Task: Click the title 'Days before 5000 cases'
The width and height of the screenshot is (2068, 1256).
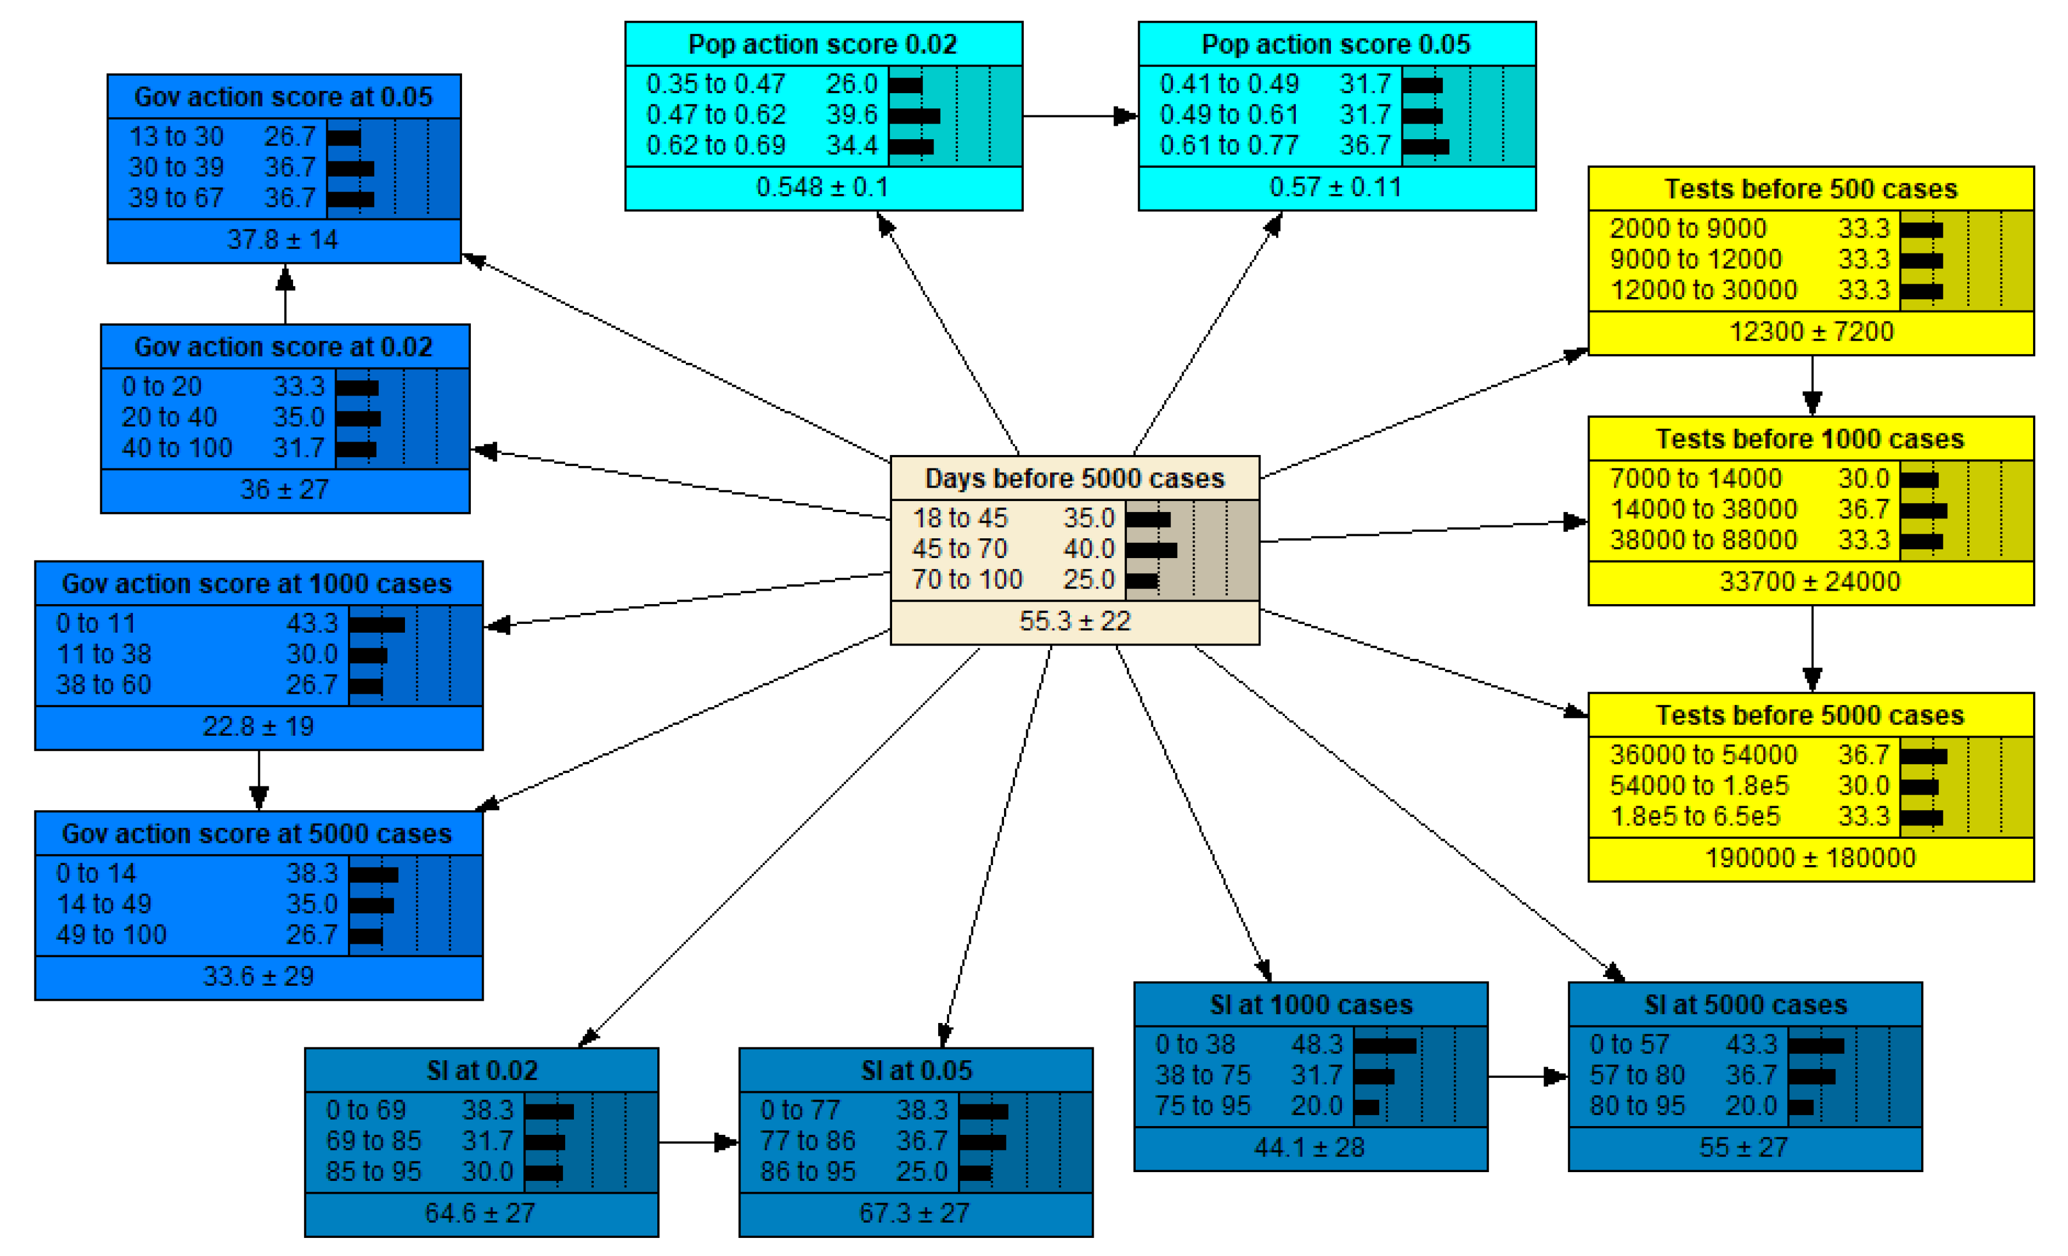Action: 1074,478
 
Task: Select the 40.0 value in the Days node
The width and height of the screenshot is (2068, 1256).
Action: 1088,549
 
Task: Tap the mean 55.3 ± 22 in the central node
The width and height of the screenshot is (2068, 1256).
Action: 1074,621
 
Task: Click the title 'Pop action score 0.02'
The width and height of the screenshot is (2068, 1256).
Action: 823,44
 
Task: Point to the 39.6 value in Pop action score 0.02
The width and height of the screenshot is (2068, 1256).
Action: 851,114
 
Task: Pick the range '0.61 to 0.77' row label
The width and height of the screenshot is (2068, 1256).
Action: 1229,145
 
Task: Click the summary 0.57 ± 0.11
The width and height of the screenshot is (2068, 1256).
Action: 1336,187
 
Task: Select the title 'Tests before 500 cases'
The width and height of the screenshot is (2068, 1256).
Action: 1810,189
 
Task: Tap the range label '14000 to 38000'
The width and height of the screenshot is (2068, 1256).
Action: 1703,509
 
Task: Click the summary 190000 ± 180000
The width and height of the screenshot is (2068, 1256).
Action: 1810,858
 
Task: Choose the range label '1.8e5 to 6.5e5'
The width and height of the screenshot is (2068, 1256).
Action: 1694,816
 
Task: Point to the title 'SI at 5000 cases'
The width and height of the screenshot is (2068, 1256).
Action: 1745,1004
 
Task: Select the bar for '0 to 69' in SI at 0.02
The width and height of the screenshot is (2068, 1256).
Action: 549,1112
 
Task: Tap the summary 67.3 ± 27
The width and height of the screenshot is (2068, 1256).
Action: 914,1213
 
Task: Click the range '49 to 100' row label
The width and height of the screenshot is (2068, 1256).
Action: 112,934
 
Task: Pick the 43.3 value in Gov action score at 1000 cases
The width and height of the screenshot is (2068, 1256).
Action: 311,623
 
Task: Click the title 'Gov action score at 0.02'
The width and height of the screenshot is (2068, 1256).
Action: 284,347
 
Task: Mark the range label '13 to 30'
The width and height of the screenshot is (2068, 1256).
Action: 176,136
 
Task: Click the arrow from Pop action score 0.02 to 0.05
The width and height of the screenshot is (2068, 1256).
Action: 1079,116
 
